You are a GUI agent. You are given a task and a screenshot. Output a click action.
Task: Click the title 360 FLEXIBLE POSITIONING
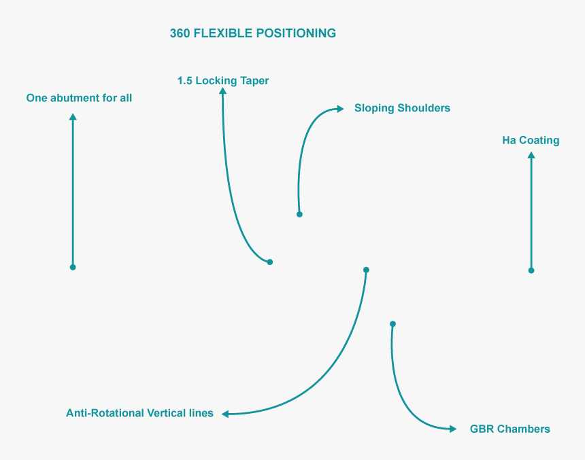click(253, 33)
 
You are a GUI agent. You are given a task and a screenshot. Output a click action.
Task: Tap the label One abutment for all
click(79, 98)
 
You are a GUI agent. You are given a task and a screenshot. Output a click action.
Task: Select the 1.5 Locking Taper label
click(223, 81)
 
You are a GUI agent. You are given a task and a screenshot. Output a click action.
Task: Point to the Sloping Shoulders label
click(402, 108)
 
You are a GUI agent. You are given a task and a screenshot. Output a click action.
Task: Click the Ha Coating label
click(531, 140)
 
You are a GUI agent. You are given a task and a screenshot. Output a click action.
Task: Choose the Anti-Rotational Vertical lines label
click(139, 413)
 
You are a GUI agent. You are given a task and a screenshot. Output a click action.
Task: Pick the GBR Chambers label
click(510, 429)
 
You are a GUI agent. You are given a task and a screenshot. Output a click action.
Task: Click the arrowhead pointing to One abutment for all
click(73, 117)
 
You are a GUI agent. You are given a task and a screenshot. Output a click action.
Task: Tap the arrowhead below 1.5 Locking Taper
click(222, 90)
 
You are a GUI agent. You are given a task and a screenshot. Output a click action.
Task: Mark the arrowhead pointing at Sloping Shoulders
click(340, 109)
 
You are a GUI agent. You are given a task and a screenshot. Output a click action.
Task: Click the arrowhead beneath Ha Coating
click(531, 155)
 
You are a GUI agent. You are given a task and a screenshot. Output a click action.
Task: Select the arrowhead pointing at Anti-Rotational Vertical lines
click(225, 414)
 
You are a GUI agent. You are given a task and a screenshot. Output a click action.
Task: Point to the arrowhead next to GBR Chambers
click(453, 429)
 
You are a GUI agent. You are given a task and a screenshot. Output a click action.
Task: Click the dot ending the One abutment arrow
click(73, 267)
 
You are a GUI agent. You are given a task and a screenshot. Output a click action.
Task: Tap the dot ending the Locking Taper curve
click(270, 262)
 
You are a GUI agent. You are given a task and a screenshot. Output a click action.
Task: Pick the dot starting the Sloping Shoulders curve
click(299, 214)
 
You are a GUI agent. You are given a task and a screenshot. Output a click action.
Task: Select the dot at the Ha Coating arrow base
click(531, 270)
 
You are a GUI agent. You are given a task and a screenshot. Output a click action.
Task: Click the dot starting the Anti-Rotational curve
click(366, 270)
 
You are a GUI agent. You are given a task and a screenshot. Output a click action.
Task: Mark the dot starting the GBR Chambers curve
click(392, 324)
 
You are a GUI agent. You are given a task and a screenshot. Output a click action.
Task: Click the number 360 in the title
click(180, 33)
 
